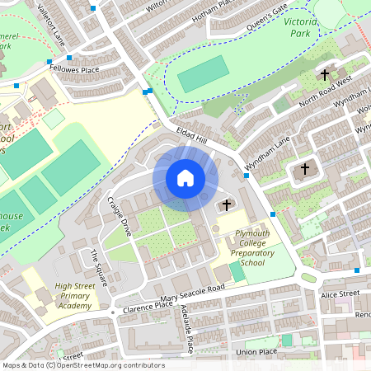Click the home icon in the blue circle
click(x=185, y=178)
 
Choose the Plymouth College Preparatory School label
click(x=241, y=248)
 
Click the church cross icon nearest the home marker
click(x=227, y=204)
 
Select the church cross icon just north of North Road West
click(x=324, y=73)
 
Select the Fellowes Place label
click(x=73, y=70)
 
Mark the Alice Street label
click(x=340, y=294)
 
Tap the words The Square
click(x=99, y=268)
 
